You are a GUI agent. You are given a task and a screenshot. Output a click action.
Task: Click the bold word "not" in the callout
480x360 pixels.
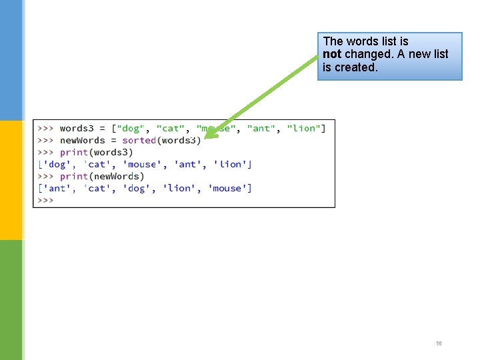[332, 54]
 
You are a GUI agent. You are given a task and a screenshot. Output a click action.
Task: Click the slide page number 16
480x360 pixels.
[439, 343]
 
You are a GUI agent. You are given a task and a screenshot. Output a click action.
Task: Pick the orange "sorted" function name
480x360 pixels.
[139, 141]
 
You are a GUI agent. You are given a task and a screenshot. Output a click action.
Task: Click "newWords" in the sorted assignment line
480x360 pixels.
[82, 141]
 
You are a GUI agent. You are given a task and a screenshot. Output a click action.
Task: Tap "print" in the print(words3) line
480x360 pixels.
[73, 153]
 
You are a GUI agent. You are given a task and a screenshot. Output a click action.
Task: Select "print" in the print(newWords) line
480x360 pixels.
[73, 177]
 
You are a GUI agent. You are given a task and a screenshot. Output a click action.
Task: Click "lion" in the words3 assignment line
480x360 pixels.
[306, 129]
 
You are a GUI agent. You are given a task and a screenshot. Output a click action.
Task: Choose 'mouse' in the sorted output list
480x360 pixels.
[230, 189]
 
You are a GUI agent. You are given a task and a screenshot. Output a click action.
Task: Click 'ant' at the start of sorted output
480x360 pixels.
[57, 189]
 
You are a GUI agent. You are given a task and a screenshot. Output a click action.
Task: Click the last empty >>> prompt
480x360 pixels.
[45, 201]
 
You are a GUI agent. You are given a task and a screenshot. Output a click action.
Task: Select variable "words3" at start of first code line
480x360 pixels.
[77, 129]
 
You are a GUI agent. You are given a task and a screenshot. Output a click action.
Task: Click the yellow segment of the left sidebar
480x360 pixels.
[11, 180]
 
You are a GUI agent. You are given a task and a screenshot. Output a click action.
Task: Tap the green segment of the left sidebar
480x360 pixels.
[11, 300]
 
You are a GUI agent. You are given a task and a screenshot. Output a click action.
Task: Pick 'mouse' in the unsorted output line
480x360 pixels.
[141, 165]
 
